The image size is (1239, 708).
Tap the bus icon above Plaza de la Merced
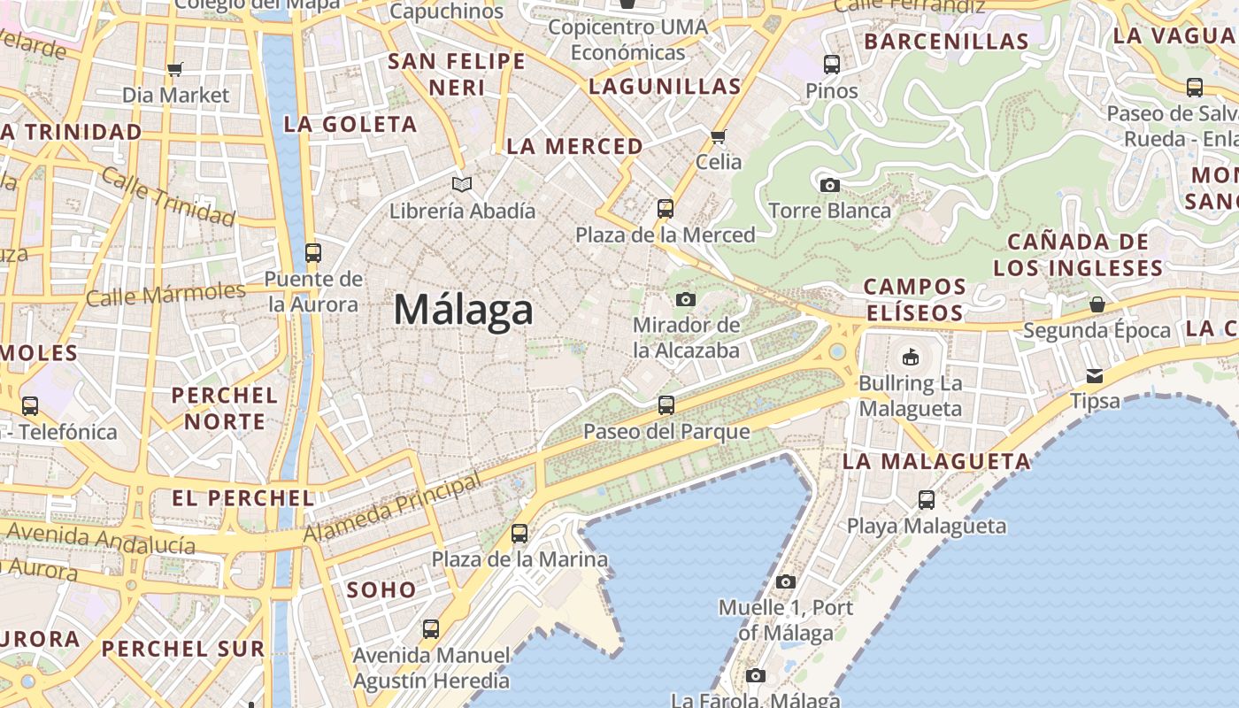point(666,209)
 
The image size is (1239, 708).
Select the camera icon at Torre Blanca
point(829,185)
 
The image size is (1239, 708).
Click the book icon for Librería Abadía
point(461,184)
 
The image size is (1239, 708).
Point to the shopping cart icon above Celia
point(719,136)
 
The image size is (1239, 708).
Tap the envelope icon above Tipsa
point(1095,375)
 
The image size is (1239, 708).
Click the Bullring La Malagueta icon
point(910,357)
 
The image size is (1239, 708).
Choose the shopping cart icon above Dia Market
point(175,69)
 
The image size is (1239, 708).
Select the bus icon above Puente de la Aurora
point(312,252)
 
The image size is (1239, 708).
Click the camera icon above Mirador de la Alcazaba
point(686,299)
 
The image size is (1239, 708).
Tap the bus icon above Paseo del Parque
point(666,405)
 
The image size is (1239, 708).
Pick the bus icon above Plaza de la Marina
point(519,534)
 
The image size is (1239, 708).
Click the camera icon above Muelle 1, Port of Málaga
point(786,581)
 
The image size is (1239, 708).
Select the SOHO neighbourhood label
point(381,589)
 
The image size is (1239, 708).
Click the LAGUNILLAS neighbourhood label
point(665,87)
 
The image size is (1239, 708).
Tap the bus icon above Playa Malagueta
point(927,500)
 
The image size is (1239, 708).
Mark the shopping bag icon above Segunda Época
point(1097,304)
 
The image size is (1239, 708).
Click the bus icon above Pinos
point(832,65)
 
